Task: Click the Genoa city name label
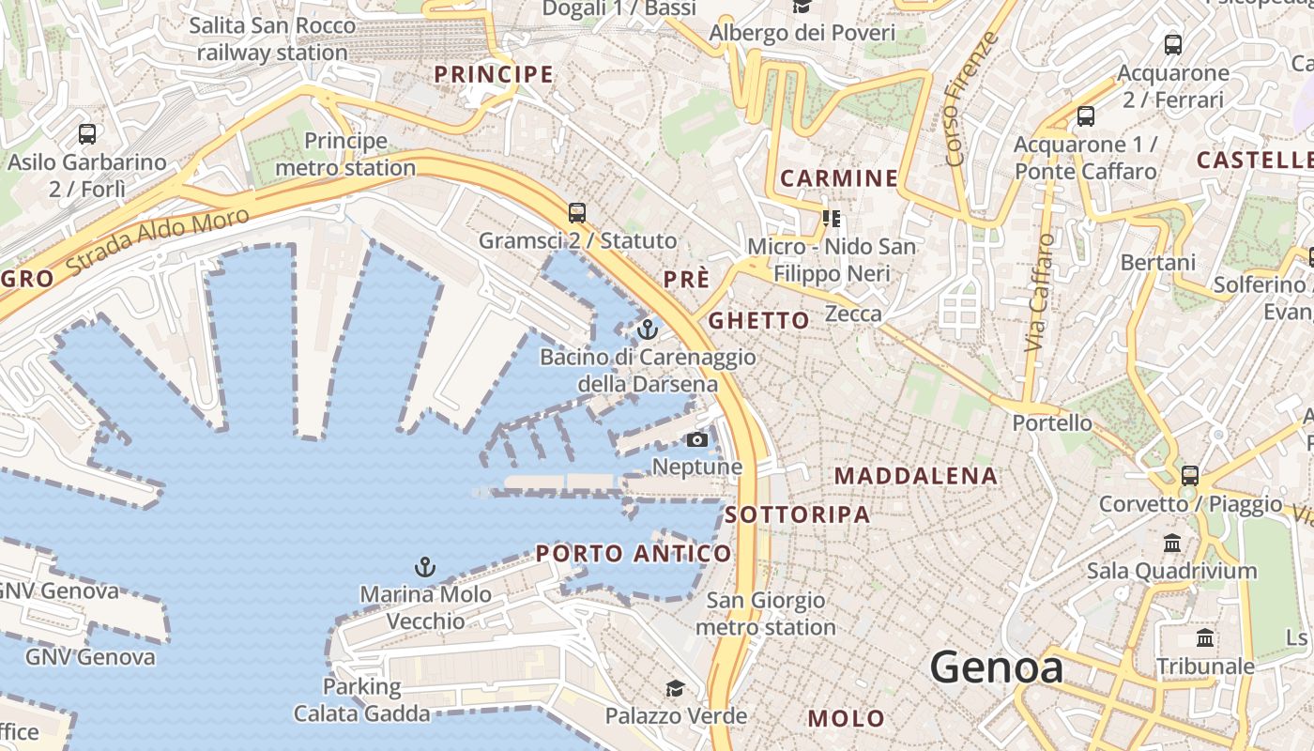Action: pyautogui.click(x=996, y=667)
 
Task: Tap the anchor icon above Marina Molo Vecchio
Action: pyautogui.click(x=425, y=567)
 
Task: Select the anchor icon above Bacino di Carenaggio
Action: pyautogui.click(x=647, y=330)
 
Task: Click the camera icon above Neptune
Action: pyautogui.click(x=696, y=439)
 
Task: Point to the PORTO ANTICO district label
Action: pyautogui.click(x=634, y=554)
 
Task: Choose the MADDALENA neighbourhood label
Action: pyautogui.click(x=915, y=476)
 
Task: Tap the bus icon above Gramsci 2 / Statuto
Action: pyautogui.click(x=577, y=213)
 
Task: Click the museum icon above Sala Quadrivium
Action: pyautogui.click(x=1171, y=543)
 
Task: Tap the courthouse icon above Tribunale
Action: pyautogui.click(x=1205, y=638)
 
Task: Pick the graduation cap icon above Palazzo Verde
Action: pyautogui.click(x=675, y=689)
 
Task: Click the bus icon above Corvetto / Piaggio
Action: pyautogui.click(x=1189, y=476)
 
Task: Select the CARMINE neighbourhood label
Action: pyautogui.click(x=839, y=178)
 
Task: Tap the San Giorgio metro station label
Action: pyautogui.click(x=765, y=613)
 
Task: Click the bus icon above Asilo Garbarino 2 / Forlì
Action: pyautogui.click(x=87, y=134)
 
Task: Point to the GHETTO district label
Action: pyautogui.click(x=758, y=320)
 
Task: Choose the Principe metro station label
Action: pyautogui.click(x=345, y=155)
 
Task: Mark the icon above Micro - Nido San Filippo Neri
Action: pyautogui.click(x=831, y=219)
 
